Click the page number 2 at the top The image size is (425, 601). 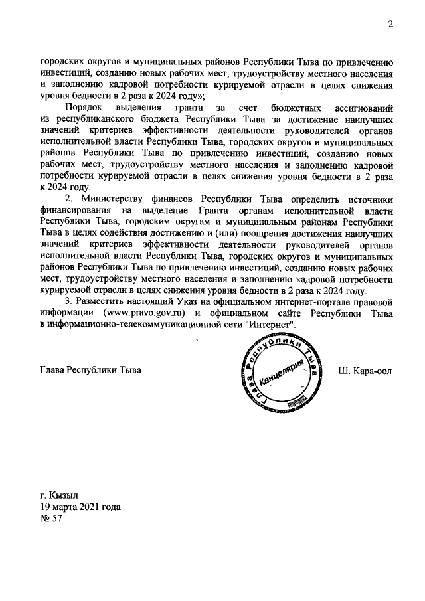[391, 25]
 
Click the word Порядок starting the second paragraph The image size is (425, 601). [84, 108]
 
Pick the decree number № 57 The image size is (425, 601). [51, 518]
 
